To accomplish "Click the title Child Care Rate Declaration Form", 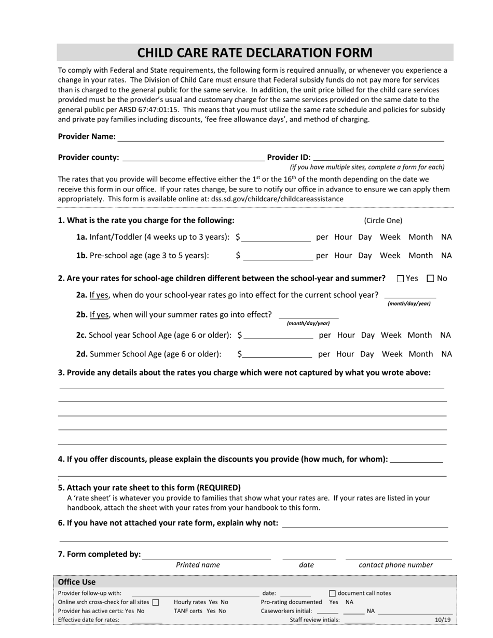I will coord(254,53).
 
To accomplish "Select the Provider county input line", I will coord(193,158).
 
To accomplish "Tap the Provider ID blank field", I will coord(379,158).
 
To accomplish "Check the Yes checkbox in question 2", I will coord(401,279).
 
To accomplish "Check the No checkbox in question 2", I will coord(430,279).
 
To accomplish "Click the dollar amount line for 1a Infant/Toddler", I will coord(276,238).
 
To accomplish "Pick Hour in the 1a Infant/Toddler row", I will coord(343,237).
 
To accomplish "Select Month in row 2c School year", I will coord(419,335).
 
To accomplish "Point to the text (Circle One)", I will coord(383,220).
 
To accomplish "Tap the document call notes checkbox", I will coord(333,593).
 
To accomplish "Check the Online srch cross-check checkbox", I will coord(156,603).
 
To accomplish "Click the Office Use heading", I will coord(77,582).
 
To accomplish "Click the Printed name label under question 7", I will coord(198,565).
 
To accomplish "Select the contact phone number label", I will coord(395,565).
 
